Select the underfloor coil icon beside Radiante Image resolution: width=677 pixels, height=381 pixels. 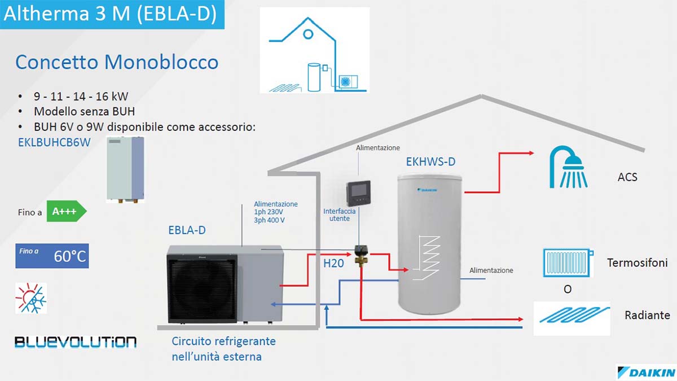(572, 316)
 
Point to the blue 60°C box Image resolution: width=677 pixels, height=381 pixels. (52, 256)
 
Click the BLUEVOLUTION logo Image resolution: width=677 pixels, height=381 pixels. (75, 341)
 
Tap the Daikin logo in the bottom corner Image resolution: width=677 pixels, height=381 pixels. (647, 372)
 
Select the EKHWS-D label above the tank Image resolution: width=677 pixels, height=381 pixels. (430, 162)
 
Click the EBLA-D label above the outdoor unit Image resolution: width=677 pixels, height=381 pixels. (187, 230)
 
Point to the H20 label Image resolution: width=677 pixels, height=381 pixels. (333, 263)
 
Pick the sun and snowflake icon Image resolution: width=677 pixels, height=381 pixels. (31, 298)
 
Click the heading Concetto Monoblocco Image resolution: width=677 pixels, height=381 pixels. (117, 62)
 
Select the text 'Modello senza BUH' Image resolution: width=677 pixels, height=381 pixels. (84, 111)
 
